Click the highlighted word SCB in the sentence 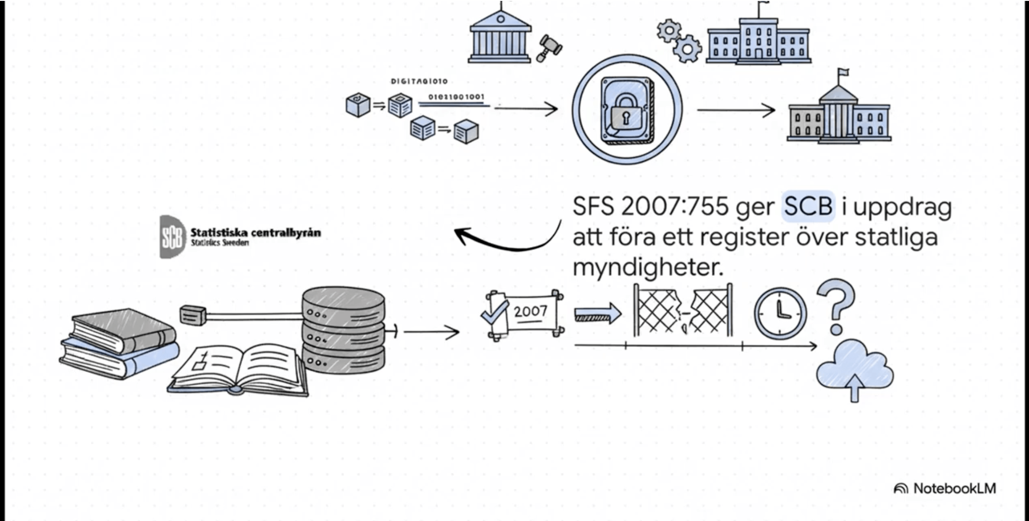coord(808,207)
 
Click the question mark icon coord(836,306)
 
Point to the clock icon coord(780,313)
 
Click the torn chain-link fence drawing coord(683,310)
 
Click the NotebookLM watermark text coord(954,489)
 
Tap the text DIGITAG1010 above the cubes coord(419,81)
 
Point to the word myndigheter coord(648,268)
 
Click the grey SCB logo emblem coord(172,237)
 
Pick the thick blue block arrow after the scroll coord(598,313)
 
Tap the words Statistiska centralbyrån coord(255,233)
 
